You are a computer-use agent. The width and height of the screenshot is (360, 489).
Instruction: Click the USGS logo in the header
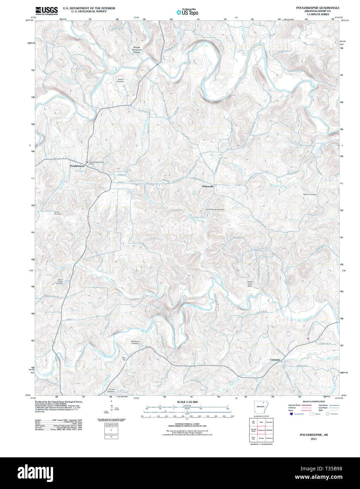point(46,11)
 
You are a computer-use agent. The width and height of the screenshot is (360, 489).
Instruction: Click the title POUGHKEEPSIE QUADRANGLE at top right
point(318,8)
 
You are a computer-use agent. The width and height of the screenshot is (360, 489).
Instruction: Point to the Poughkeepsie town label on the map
point(77,166)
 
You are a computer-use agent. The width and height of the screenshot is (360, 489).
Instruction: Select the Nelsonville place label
point(207,186)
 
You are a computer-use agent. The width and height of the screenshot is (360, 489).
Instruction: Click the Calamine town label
point(275,360)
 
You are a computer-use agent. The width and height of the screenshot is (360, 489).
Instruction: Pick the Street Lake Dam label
point(250,284)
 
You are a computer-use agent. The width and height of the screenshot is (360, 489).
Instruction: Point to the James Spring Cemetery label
point(214,209)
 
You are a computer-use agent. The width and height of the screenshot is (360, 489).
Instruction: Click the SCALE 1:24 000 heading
point(187,402)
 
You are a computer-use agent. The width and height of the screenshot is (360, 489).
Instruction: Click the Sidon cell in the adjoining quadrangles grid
point(261,422)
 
